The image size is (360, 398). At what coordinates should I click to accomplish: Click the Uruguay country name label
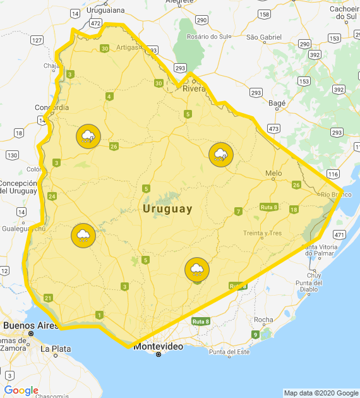[167, 209]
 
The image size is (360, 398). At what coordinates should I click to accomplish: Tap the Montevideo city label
[158, 347]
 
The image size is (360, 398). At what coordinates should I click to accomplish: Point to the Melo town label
[273, 172]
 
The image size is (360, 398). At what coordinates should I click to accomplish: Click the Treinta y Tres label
[262, 233]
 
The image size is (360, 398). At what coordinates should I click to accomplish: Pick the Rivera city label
[194, 88]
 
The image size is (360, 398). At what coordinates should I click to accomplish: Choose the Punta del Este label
[229, 352]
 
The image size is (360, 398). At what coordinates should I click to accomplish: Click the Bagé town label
[277, 102]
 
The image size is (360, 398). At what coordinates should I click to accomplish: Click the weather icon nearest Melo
[221, 155]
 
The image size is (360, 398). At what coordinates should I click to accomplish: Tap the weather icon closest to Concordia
[88, 136]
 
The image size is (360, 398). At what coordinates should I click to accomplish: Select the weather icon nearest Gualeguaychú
[83, 236]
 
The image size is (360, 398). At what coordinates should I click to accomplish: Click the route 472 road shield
[96, 23]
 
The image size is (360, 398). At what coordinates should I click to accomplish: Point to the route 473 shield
[273, 128]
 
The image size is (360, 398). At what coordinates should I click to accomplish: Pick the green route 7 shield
[238, 211]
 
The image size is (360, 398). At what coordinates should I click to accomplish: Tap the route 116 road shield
[333, 173]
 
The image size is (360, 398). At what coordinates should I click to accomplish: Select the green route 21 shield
[48, 298]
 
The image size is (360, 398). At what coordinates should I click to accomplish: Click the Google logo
[21, 390]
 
